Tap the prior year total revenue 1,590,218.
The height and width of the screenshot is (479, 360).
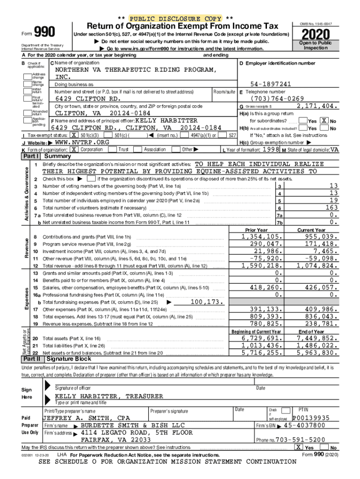pyautogui.click(x=262, y=265)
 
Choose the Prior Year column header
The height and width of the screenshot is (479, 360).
pyautogui.click(x=256, y=230)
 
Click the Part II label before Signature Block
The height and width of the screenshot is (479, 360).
pyautogui.click(x=32, y=359)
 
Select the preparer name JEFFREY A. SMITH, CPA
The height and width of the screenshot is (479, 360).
pyautogui.click(x=86, y=418)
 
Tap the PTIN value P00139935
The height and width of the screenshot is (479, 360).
pyautogui.click(x=311, y=418)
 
